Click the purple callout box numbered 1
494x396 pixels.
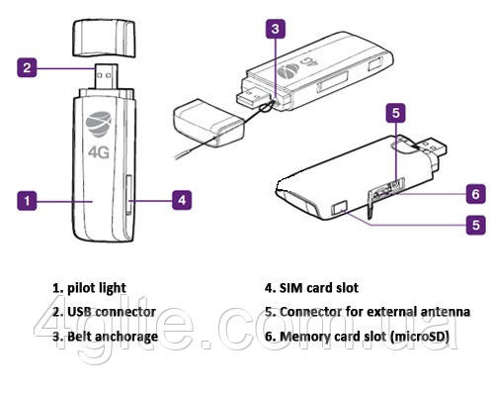point(31,200)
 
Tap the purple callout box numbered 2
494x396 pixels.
point(31,68)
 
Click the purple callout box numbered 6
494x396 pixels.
point(475,192)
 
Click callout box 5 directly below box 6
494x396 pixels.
point(475,226)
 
